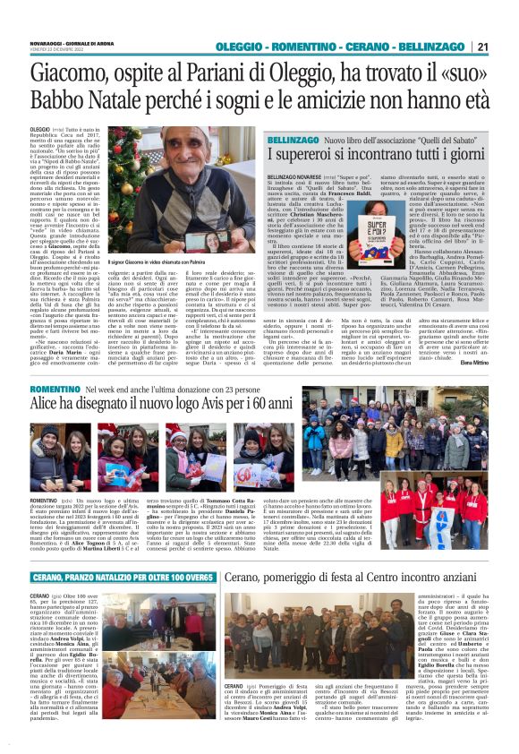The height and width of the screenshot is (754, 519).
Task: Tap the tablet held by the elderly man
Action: [x=198, y=239]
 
